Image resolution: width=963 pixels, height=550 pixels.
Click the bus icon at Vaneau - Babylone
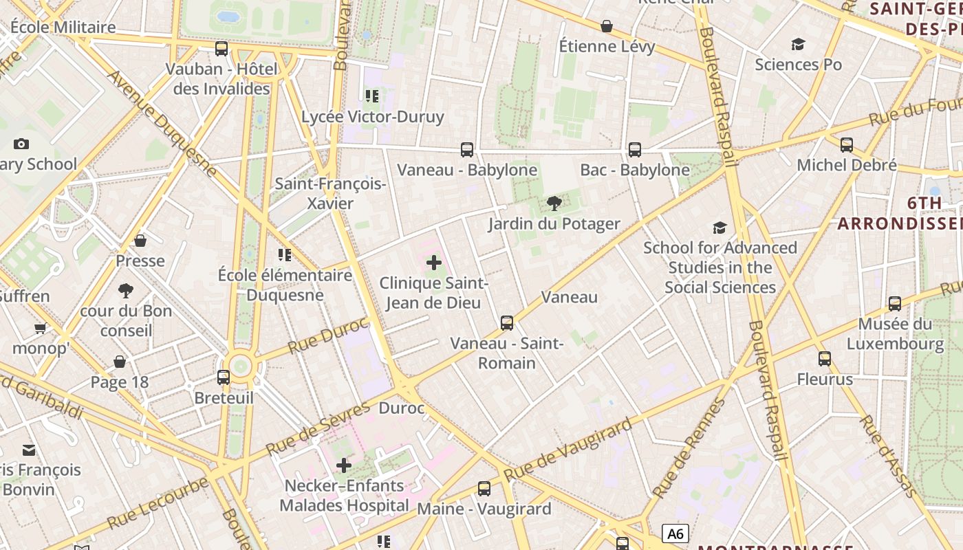pyautogui.click(x=466, y=149)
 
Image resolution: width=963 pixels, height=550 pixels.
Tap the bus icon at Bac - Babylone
pyautogui.click(x=634, y=149)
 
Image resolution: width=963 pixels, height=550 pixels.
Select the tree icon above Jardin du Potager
pyautogui.click(x=554, y=203)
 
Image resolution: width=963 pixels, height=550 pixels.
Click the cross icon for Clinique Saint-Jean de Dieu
pyautogui.click(x=434, y=263)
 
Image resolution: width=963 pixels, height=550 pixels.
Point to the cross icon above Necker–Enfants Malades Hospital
pyautogui.click(x=344, y=465)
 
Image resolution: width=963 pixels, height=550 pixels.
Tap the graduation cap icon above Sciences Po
pyautogui.click(x=798, y=44)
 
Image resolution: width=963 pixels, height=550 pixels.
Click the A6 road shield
pyautogui.click(x=675, y=533)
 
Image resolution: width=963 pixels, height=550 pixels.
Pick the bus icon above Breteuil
pyautogui.click(x=224, y=377)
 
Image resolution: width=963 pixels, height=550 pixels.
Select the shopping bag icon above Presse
pyautogui.click(x=140, y=241)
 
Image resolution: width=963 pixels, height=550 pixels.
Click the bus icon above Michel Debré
pyautogui.click(x=847, y=145)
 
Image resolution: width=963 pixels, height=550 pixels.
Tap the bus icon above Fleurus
pyautogui.click(x=825, y=358)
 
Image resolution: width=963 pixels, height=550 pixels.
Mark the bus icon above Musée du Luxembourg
pyautogui.click(x=895, y=303)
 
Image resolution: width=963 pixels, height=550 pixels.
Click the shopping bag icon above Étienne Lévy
pyautogui.click(x=607, y=26)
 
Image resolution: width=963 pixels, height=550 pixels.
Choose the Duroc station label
pyautogui.click(x=402, y=408)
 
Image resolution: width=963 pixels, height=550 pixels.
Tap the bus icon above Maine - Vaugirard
pyautogui.click(x=484, y=489)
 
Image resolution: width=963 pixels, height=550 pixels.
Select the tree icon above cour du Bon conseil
pyautogui.click(x=126, y=291)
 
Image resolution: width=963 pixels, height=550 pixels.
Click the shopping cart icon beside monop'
pyautogui.click(x=41, y=328)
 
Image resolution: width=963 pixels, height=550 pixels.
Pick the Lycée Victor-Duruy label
pyautogui.click(x=373, y=116)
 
